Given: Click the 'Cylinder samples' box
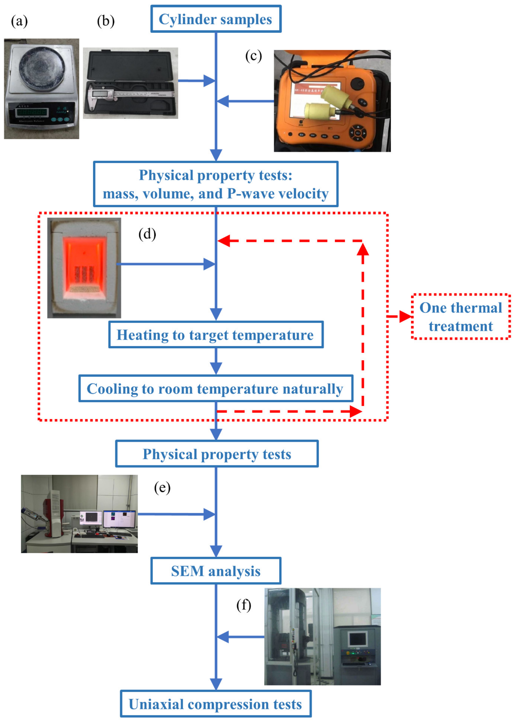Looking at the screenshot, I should [x=216, y=19].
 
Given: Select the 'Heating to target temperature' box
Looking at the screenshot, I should [x=216, y=335].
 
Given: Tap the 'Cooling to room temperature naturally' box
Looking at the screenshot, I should [x=216, y=389].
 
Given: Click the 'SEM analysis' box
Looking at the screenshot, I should [x=216, y=571].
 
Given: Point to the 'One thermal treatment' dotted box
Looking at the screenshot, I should [x=461, y=317].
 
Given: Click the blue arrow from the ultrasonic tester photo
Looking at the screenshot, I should [x=245, y=101].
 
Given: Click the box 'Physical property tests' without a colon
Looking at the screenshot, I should [x=217, y=454].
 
